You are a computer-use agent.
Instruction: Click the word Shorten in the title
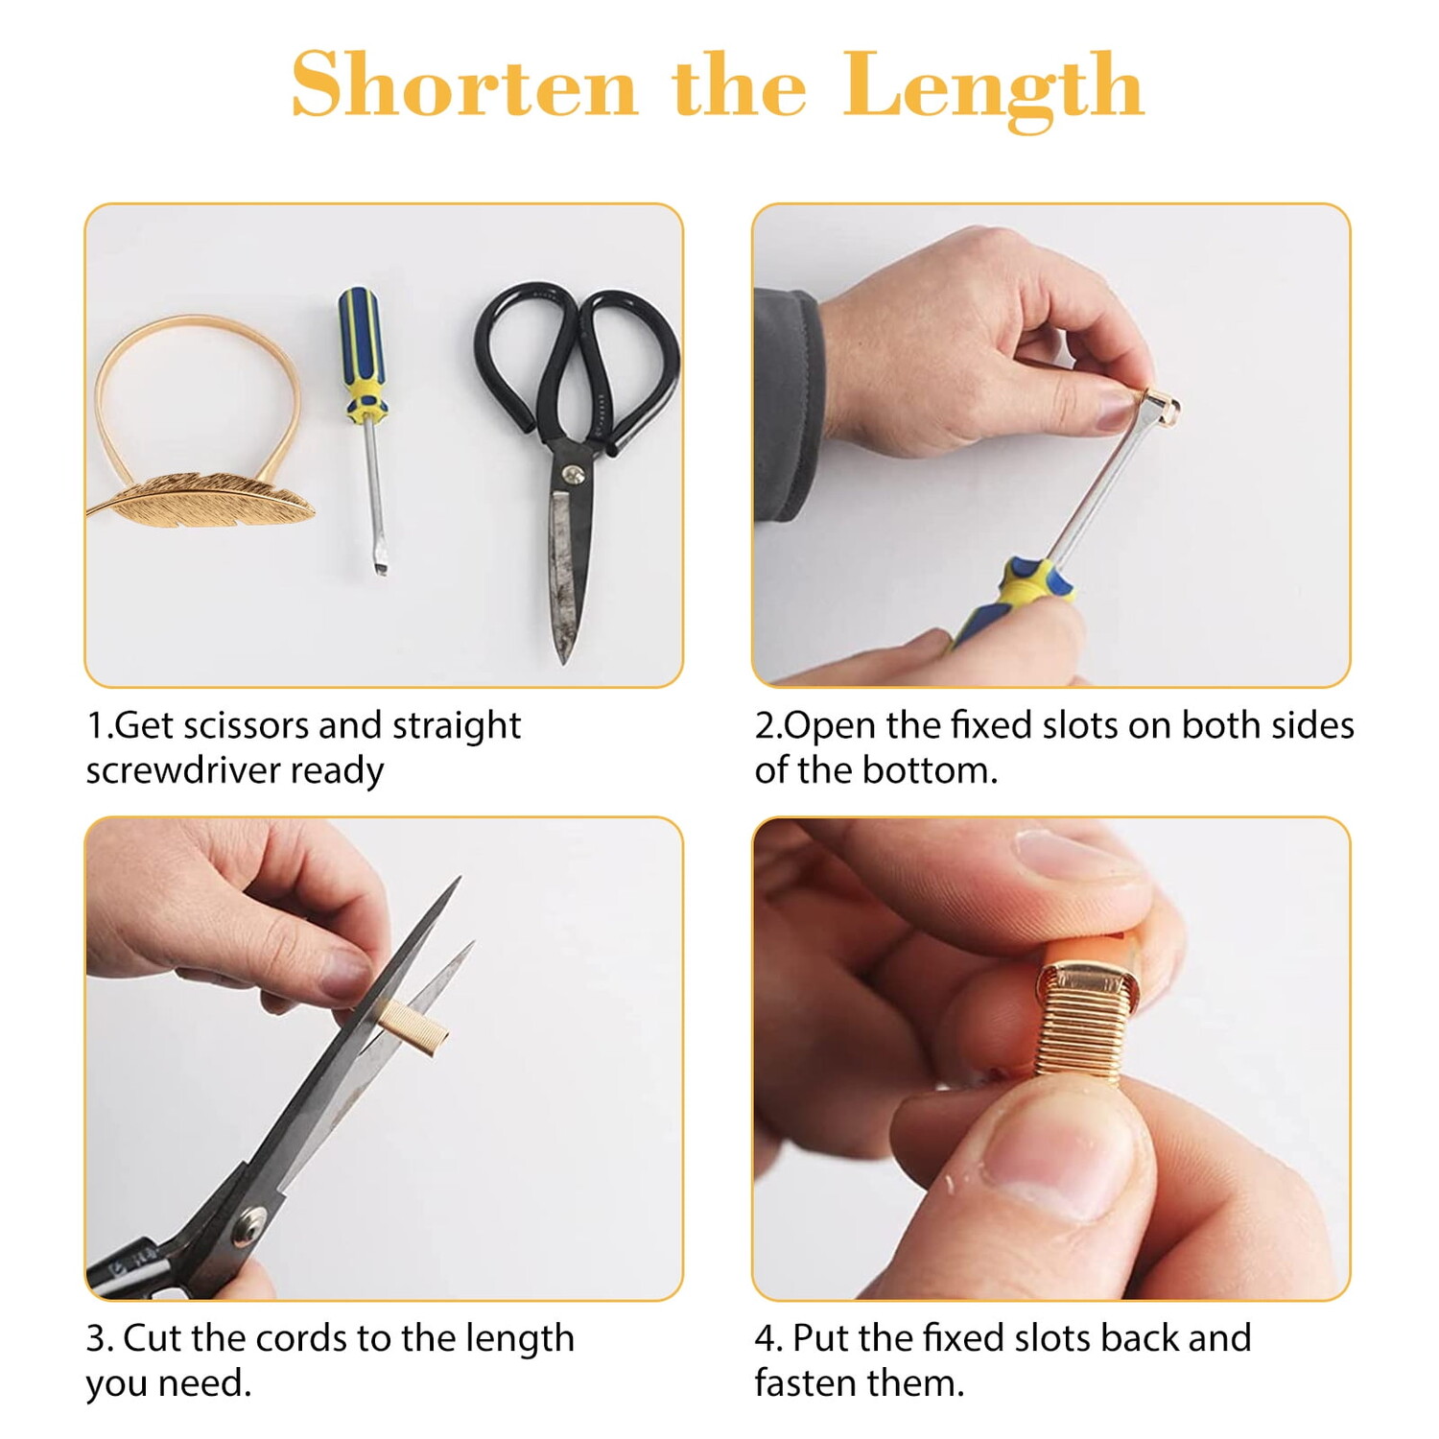464,85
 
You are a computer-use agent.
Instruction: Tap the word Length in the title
994,89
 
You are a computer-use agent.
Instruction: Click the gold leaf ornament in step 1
201,497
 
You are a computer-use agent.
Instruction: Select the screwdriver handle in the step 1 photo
363,355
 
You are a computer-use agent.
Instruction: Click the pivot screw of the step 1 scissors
574,473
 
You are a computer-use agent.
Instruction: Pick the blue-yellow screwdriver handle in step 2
1017,600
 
